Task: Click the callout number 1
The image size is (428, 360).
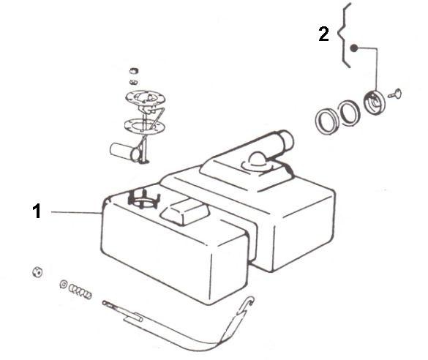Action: click(37, 211)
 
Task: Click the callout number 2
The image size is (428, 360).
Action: click(323, 34)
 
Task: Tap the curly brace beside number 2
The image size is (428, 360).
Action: click(345, 35)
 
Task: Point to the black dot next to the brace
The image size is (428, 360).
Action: click(354, 48)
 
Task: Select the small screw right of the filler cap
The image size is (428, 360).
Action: click(394, 94)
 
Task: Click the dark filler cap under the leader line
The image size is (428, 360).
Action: click(375, 102)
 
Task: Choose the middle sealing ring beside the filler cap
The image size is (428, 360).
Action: click(350, 113)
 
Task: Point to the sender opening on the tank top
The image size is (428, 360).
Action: click(143, 200)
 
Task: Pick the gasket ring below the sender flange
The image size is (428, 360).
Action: click(144, 126)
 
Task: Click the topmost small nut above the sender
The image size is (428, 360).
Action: click(134, 71)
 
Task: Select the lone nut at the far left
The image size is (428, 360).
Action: click(37, 272)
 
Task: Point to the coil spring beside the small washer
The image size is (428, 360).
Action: click(80, 291)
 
